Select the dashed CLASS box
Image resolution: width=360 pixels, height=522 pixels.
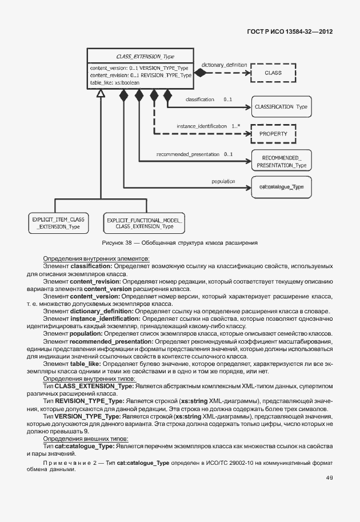[273, 73]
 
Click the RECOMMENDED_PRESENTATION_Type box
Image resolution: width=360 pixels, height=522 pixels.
[281, 161]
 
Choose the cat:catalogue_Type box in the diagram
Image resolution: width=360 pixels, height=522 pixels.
[281, 187]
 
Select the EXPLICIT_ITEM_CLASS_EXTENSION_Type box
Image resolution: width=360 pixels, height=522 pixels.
[58, 223]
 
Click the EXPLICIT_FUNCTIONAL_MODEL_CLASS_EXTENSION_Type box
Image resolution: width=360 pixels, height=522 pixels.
[145, 223]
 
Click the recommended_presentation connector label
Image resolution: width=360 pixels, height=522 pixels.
[187, 154]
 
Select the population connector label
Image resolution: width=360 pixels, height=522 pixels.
[223, 181]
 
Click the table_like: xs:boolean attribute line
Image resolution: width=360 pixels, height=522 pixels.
[115, 82]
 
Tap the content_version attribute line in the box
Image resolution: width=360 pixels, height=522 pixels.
[139, 68]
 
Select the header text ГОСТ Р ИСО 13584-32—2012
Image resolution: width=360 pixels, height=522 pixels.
[291, 31]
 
